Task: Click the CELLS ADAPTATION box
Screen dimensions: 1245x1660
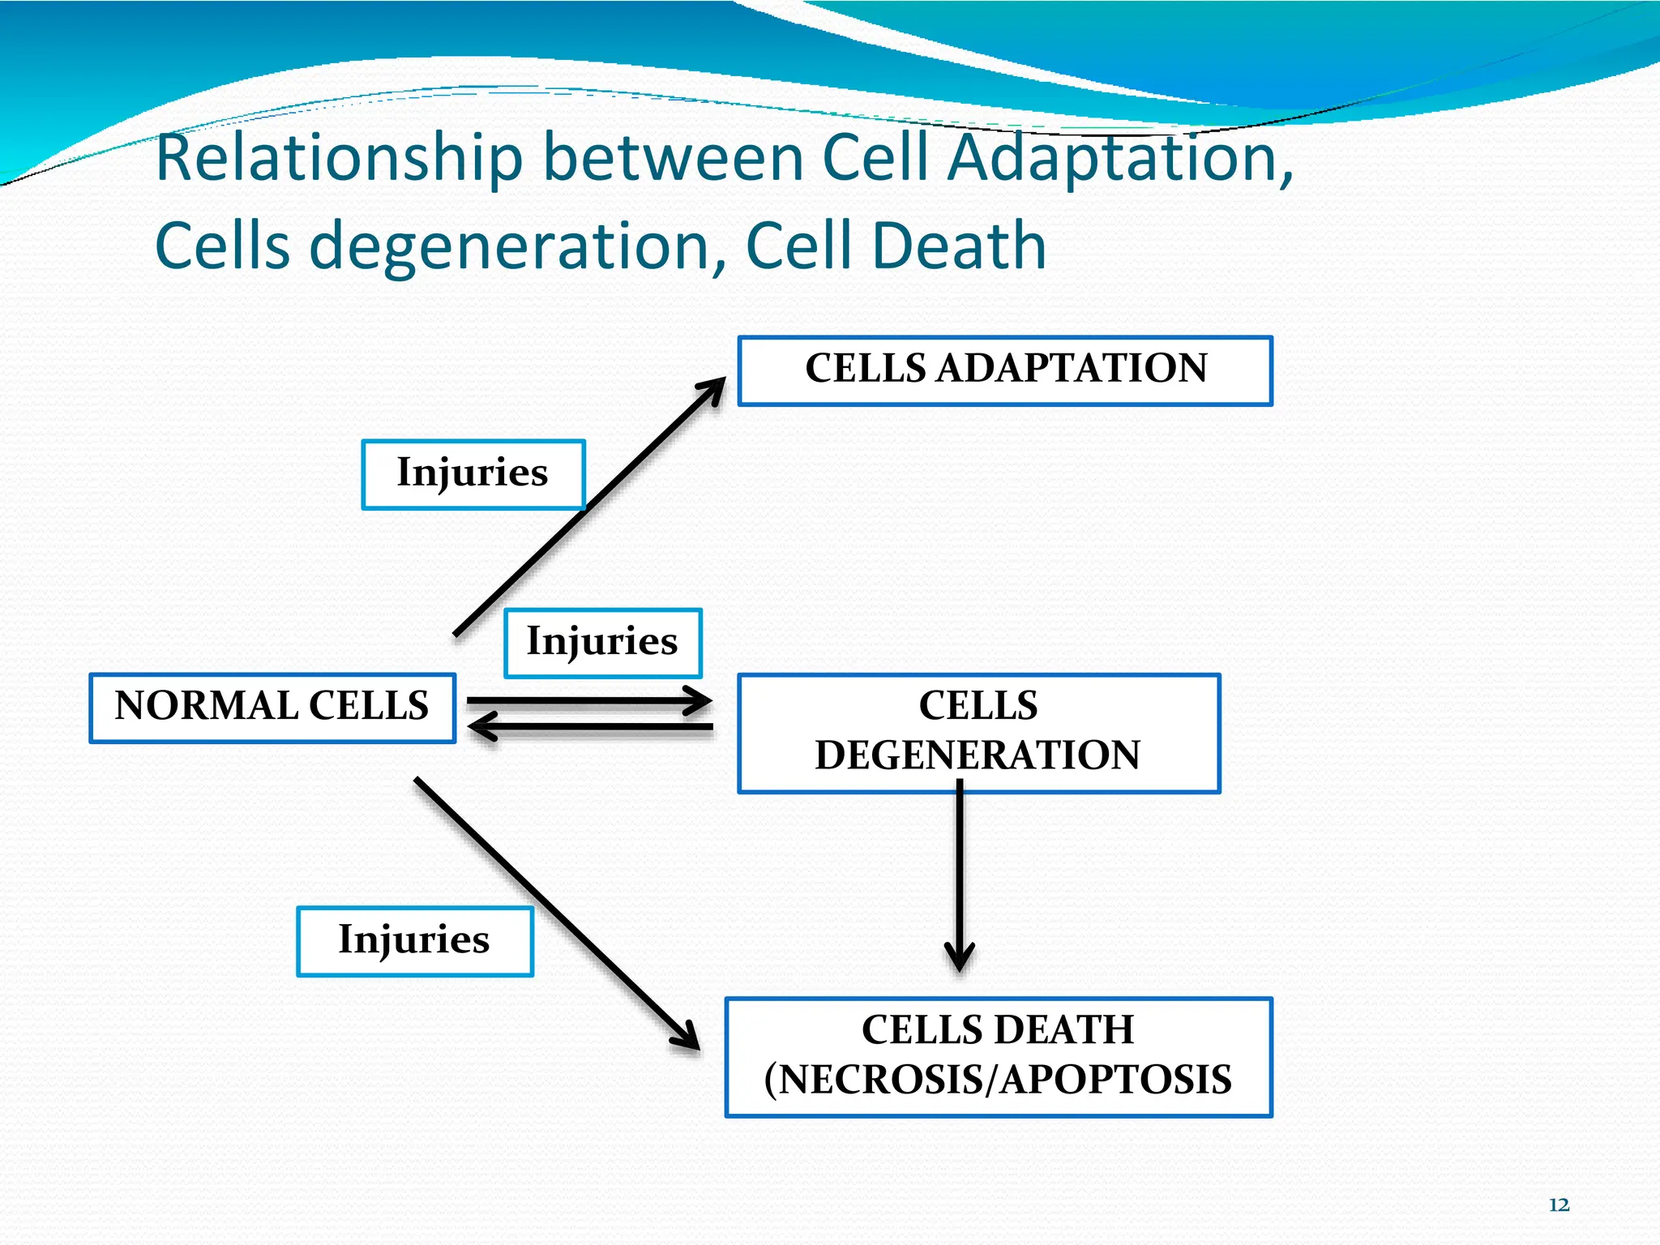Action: tap(1005, 370)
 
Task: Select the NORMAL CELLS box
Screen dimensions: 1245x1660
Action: tap(272, 708)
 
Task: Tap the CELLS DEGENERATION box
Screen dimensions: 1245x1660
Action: tap(978, 732)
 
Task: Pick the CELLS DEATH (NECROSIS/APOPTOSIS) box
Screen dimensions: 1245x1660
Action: tap(999, 1057)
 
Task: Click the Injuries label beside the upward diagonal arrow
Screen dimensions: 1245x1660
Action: tap(473, 474)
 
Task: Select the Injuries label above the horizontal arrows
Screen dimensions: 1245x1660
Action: tap(602, 643)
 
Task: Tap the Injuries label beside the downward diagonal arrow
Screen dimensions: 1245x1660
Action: tap(414, 941)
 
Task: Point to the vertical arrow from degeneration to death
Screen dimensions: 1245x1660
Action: tap(960, 875)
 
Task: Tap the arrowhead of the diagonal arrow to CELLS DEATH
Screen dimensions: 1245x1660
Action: tap(687, 1037)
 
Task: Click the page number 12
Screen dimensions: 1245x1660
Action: tap(1559, 1205)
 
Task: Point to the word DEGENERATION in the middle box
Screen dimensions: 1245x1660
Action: tap(978, 755)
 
